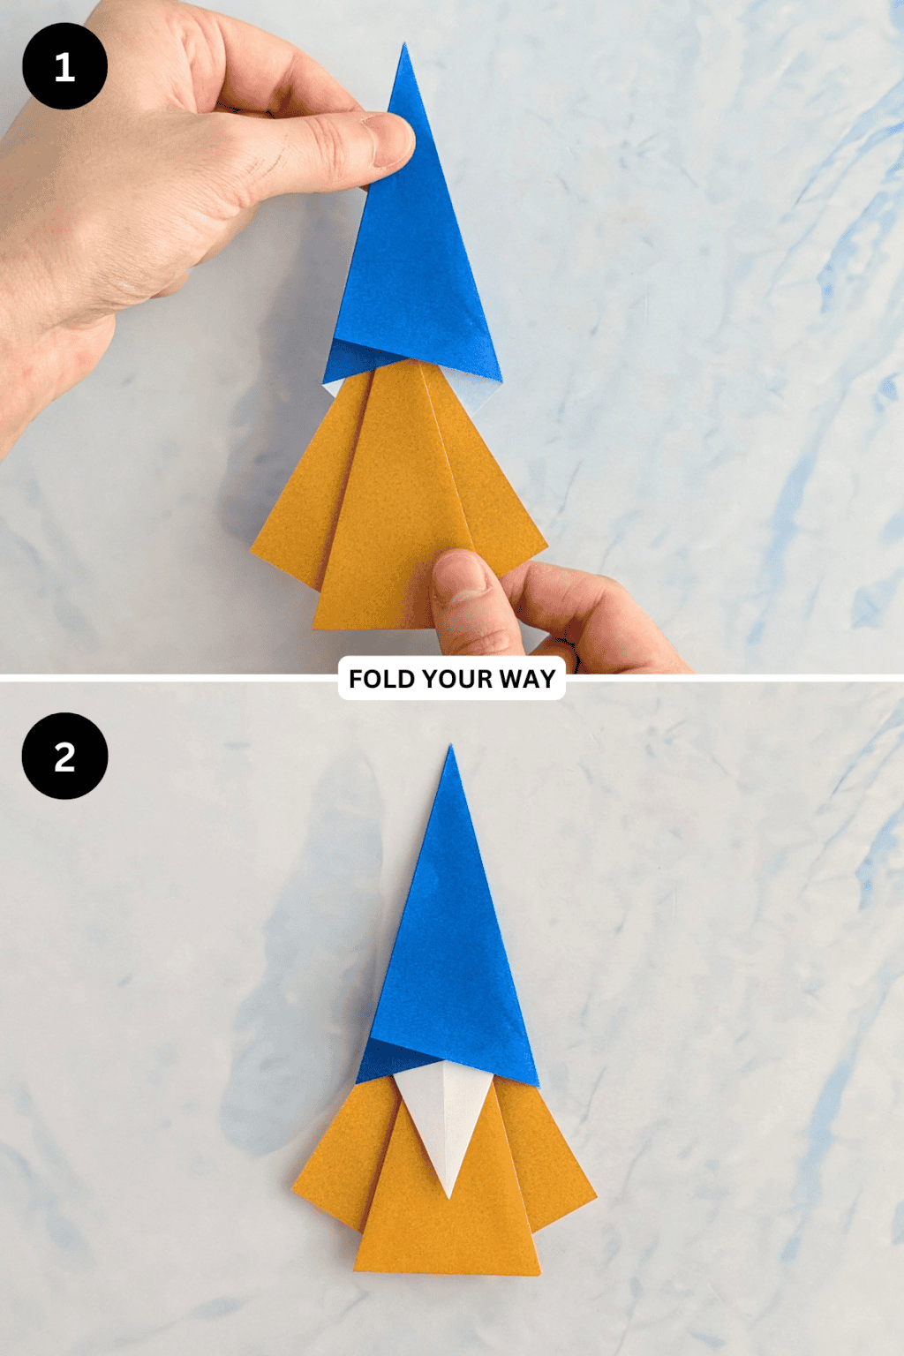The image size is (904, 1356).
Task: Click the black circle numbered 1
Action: point(64,66)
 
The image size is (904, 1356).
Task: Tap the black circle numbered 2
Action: point(64,757)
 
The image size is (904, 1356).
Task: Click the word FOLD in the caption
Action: point(381,679)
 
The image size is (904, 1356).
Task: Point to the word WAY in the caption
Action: point(527,679)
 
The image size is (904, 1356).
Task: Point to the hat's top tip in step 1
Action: point(404,46)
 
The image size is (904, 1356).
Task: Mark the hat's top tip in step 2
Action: point(450,747)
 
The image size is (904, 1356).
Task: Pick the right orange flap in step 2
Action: point(547,1165)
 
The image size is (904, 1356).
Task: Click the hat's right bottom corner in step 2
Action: point(537,1084)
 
